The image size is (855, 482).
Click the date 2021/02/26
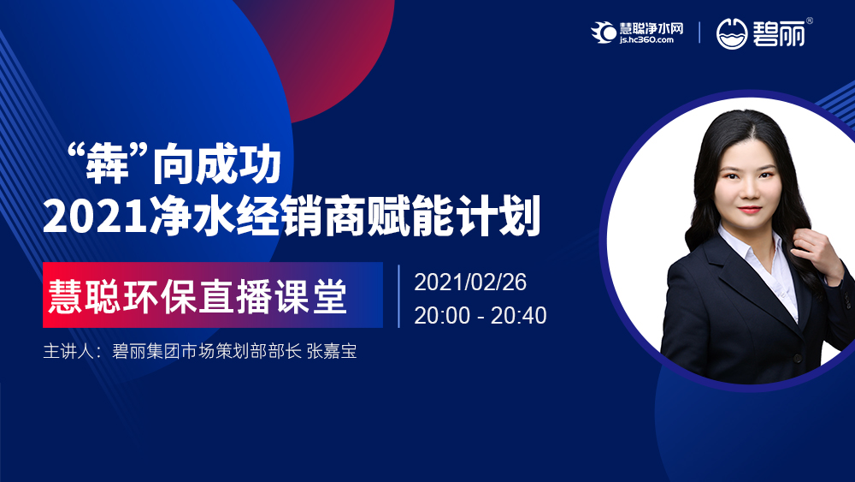tap(470, 283)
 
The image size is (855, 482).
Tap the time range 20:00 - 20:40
tap(480, 316)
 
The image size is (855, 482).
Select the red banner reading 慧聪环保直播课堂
tap(213, 295)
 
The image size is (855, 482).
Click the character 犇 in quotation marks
tap(108, 164)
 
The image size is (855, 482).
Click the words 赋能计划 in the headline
tap(454, 216)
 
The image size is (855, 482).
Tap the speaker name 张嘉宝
tap(332, 351)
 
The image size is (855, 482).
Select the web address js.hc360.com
tap(646, 40)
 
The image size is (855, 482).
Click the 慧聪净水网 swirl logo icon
tap(604, 33)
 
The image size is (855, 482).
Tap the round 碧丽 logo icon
tap(731, 34)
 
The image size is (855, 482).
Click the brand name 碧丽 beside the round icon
tap(779, 34)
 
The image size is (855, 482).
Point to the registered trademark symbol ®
tap(809, 21)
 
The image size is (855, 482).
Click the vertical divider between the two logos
tap(699, 33)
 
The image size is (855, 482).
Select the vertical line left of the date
tap(399, 296)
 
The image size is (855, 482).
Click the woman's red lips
tap(750, 209)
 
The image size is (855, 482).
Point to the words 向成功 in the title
tap(216, 164)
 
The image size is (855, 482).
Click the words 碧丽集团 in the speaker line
tap(146, 351)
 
